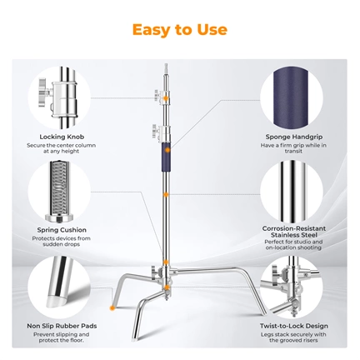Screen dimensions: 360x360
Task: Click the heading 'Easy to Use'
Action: pos(179,29)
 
